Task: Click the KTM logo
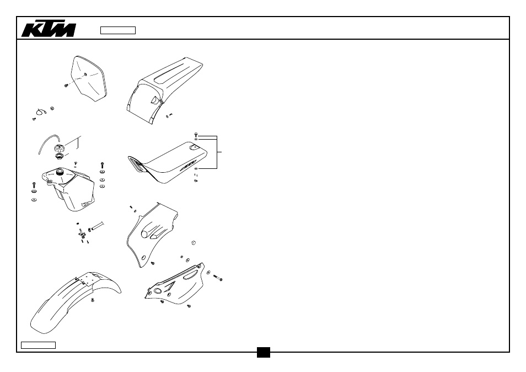click(49, 30)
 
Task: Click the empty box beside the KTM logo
click(118, 30)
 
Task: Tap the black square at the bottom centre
click(264, 352)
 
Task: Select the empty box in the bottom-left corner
click(38, 345)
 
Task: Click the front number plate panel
click(89, 78)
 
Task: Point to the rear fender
click(163, 90)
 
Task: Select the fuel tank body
click(69, 189)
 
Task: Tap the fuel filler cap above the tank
click(60, 147)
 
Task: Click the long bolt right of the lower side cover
click(218, 277)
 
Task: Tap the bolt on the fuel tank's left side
click(34, 185)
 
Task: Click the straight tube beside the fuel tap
click(96, 226)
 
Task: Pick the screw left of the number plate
click(66, 86)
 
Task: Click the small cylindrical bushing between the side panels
click(193, 243)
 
